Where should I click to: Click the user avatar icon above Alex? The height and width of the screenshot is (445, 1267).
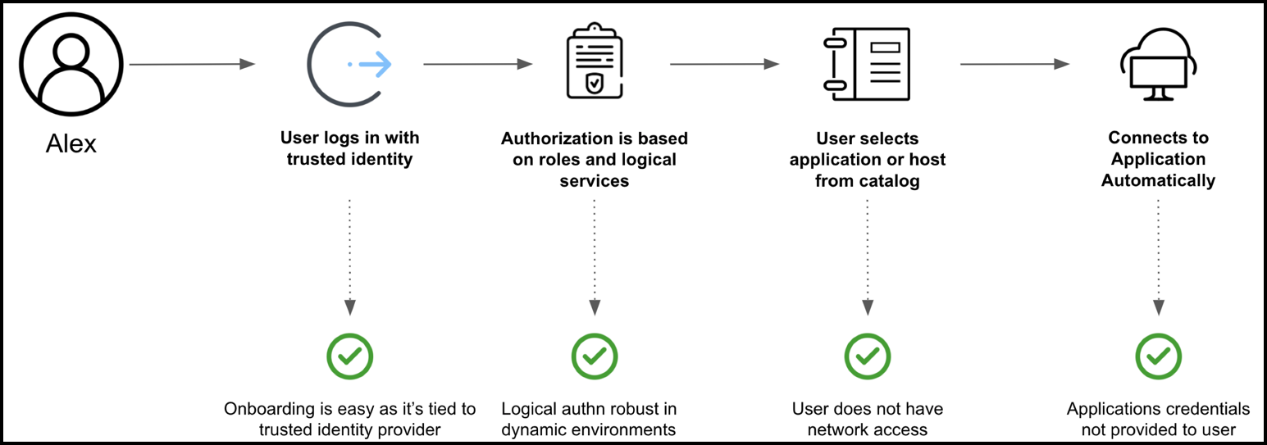71,64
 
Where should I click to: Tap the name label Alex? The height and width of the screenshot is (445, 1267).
71,144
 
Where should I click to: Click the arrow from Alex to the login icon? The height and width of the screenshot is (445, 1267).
193,64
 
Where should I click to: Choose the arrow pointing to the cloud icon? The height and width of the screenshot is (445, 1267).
1014,64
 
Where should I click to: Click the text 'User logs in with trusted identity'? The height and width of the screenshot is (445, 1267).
350,148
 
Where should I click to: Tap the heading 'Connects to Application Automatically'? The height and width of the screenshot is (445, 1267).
1158,159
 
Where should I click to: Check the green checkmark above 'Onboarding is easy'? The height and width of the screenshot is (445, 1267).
350,356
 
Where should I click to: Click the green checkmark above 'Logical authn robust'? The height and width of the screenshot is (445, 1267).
595,356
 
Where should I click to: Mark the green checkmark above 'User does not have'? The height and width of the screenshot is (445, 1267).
868,356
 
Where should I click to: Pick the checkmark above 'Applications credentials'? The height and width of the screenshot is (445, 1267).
1158,356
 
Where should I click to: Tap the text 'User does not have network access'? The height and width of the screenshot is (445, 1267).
868,419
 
